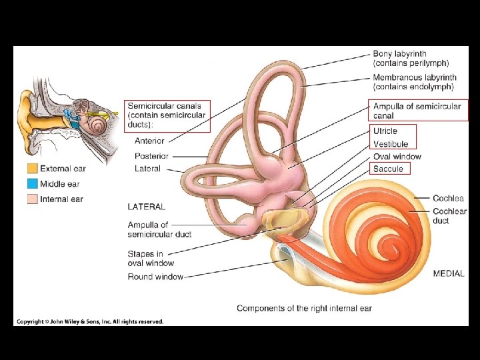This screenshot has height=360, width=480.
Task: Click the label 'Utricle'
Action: [x=385, y=131]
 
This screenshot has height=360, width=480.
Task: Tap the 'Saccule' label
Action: [x=388, y=169]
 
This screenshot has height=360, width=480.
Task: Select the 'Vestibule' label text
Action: [x=391, y=144]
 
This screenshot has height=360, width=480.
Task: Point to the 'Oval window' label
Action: [x=397, y=157]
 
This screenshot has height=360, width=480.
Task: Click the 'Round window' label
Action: [x=155, y=277]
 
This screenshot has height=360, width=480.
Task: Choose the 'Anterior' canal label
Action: [x=149, y=141]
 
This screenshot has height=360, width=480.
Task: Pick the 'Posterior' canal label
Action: [x=151, y=156]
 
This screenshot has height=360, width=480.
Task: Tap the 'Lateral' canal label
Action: [x=147, y=169]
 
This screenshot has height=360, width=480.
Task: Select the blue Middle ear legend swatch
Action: [x=32, y=184]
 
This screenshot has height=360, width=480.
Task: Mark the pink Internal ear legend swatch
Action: [x=32, y=199]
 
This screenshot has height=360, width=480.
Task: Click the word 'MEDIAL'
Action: [x=449, y=273]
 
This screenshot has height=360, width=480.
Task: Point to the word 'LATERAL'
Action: [x=147, y=207]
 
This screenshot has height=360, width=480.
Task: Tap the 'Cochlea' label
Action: [x=448, y=199]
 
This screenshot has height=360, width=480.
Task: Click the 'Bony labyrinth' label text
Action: [x=400, y=54]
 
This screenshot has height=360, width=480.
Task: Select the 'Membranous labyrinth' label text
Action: [x=413, y=78]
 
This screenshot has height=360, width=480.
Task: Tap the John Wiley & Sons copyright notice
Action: [x=90, y=321]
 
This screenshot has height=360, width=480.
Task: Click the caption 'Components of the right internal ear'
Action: [x=304, y=308]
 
